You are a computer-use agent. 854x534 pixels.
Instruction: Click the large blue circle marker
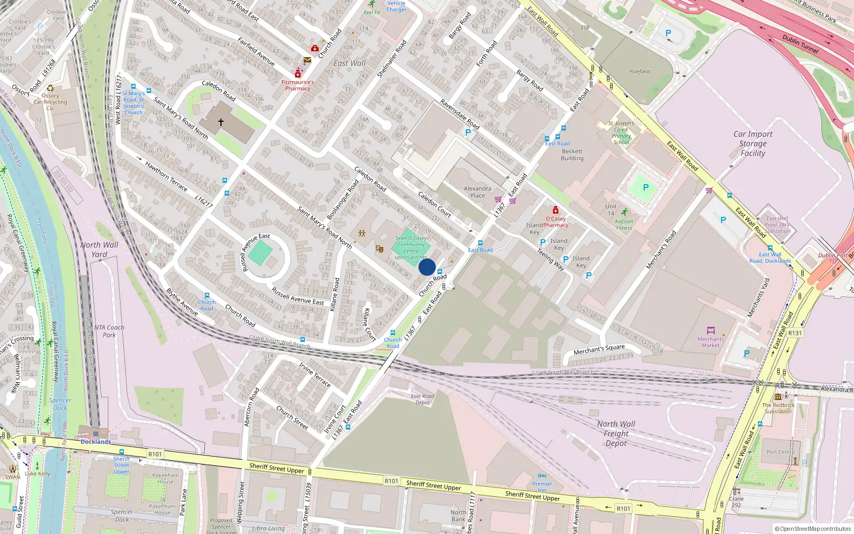point(427,267)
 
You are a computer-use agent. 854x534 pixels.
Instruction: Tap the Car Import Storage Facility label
point(753,144)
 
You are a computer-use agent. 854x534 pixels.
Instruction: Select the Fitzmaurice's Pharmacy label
point(298,85)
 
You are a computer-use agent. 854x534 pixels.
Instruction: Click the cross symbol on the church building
point(220,122)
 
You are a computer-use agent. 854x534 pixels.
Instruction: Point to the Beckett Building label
point(572,155)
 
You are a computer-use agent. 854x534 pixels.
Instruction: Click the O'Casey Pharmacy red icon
point(556,210)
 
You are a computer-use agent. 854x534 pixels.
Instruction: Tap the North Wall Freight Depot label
point(616,433)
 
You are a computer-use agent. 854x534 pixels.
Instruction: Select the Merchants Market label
point(710,342)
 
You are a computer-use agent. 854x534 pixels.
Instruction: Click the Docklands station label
point(96,442)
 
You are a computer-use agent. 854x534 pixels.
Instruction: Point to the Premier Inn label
point(542,486)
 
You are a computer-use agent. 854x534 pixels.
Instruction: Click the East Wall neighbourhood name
point(350,63)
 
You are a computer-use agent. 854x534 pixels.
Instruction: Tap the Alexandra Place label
point(477,192)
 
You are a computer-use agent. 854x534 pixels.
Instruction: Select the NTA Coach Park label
point(109,331)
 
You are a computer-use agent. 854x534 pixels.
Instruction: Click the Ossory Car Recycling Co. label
point(50,102)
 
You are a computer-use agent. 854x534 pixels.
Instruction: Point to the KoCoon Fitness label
point(624,224)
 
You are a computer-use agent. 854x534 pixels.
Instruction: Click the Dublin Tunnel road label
point(800,44)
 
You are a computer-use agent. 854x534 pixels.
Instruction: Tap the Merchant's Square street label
point(599,349)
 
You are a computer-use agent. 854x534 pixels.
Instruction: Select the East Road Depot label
point(422,399)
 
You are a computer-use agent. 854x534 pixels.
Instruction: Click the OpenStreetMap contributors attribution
point(812,529)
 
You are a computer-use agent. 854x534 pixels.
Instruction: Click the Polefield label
point(639,72)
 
